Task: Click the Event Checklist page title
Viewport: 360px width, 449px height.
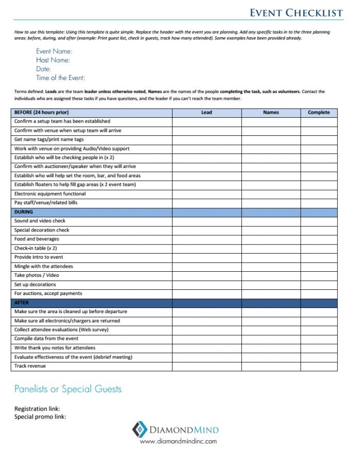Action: click(296, 12)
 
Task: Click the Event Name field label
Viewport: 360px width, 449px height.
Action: click(54, 52)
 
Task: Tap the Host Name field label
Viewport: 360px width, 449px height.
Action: click(53, 60)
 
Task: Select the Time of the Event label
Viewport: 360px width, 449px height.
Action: click(60, 78)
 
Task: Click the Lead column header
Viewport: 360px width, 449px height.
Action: click(206, 112)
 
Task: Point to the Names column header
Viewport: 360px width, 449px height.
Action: click(271, 112)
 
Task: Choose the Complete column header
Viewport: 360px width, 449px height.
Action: click(319, 112)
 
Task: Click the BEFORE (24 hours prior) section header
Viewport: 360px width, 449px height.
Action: click(42, 112)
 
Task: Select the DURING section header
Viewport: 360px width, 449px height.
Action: click(24, 212)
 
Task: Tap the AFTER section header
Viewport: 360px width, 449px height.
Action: click(22, 303)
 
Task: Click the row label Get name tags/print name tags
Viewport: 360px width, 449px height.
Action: click(49, 140)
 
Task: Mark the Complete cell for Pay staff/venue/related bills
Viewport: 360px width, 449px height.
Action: click(319, 203)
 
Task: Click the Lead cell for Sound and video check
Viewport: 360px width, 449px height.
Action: click(206, 221)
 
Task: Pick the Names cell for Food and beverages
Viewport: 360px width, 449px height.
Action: click(271, 239)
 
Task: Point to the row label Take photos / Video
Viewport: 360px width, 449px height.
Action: click(37, 275)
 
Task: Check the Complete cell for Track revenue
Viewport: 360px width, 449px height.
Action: click(319, 366)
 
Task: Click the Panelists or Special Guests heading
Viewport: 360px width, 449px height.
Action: click(68, 389)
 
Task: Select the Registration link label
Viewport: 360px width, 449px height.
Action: click(37, 409)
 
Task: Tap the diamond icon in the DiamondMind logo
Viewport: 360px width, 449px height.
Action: click(139, 429)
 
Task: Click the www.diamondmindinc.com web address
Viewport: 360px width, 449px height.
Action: click(178, 441)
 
